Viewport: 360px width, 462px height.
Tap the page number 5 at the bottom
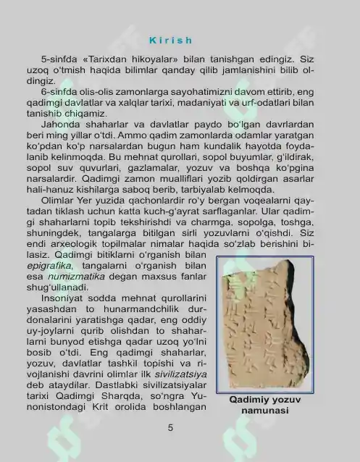170,428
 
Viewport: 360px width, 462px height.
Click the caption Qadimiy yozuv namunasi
265,405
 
